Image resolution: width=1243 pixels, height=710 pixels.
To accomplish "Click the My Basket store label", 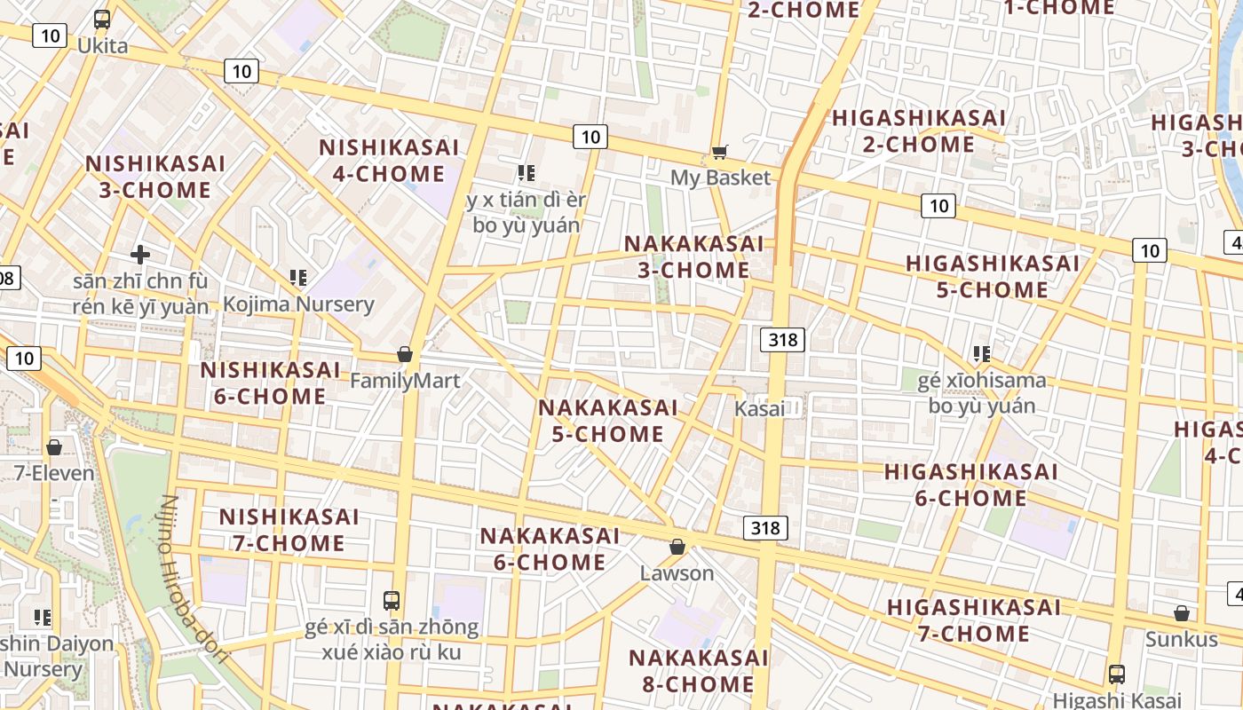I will point(720,177).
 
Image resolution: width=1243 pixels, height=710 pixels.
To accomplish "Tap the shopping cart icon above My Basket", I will point(720,153).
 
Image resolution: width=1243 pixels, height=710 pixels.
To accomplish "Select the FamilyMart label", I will point(405,381).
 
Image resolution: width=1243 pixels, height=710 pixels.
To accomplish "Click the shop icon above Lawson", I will point(677,547).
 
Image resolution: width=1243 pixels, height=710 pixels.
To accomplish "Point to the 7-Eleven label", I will point(54,473).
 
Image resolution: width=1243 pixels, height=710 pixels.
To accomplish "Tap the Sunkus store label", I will point(1181,639).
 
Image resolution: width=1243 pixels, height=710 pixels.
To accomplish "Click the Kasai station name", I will point(759,409).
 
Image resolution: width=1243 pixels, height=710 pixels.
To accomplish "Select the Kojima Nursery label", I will point(298,304).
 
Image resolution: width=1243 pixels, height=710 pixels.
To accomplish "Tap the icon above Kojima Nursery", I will point(298,278).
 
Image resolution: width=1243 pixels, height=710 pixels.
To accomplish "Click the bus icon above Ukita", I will point(102,19).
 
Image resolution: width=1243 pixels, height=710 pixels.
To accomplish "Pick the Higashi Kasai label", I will point(1117,700).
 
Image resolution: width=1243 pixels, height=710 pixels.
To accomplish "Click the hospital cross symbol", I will point(140,256).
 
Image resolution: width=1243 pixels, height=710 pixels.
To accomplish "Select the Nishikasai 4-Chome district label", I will point(389,161).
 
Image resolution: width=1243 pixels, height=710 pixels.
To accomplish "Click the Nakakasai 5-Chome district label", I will point(607,421).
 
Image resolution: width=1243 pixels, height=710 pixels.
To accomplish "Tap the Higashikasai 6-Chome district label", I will point(970,485).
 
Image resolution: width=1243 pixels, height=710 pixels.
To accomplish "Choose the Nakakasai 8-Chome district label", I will point(698,671).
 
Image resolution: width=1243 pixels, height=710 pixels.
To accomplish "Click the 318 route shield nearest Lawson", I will point(764,528).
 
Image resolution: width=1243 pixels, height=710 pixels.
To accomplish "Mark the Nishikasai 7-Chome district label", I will point(289,530).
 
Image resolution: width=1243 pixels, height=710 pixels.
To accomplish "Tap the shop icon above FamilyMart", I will point(405,354).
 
